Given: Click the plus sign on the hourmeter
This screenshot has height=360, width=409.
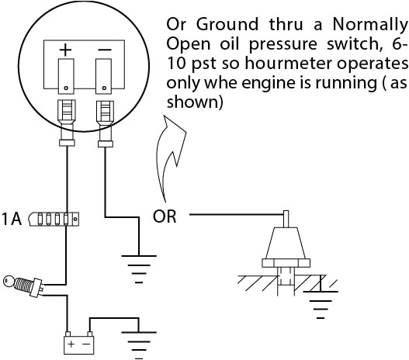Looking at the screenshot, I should coord(66,50).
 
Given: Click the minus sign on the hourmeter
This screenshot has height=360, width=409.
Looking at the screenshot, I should coord(102,50).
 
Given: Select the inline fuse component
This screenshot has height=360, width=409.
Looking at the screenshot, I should coord(55,220).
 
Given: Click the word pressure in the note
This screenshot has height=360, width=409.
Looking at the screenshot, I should coord(250,42).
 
